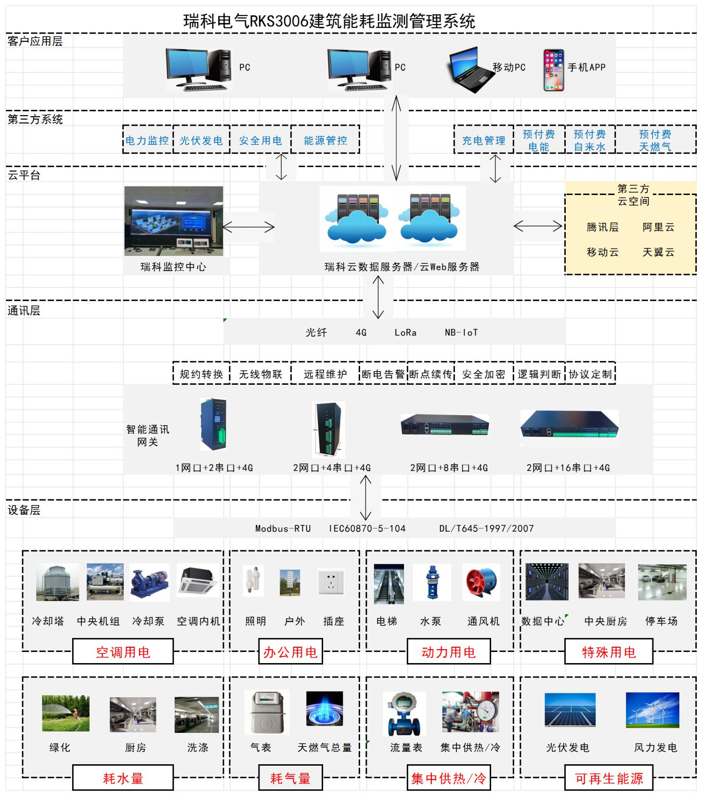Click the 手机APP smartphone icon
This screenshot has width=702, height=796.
pyautogui.click(x=554, y=70)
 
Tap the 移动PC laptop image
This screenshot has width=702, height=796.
pyautogui.click(x=469, y=70)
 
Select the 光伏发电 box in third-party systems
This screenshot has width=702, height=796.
pyautogui.click(x=201, y=140)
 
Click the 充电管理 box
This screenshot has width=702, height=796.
pyautogui.click(x=483, y=140)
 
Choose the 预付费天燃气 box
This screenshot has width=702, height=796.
pyautogui.click(x=655, y=140)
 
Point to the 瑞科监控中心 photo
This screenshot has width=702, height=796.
pyautogui.click(x=173, y=221)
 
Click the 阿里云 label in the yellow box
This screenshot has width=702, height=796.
pyautogui.click(x=658, y=227)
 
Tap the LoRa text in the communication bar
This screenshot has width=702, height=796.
pyautogui.click(x=405, y=332)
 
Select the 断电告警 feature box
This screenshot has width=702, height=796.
pyautogui.click(x=383, y=374)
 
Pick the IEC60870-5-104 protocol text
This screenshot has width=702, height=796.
pyautogui.click(x=367, y=528)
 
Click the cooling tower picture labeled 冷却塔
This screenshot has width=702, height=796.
pyautogui.click(x=57, y=582)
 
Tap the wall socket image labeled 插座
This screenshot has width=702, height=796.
pyautogui.click(x=331, y=582)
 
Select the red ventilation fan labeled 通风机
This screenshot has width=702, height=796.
pyautogui.click(x=481, y=582)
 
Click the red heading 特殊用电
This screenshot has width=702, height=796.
pyautogui.click(x=609, y=652)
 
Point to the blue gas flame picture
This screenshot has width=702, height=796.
pyautogui.click(x=325, y=708)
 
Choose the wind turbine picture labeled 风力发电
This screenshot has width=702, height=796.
pyautogui.click(x=652, y=710)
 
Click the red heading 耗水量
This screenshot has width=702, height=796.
pyautogui.click(x=123, y=778)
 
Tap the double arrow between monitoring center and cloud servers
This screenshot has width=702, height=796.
pyautogui.click(x=248, y=227)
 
